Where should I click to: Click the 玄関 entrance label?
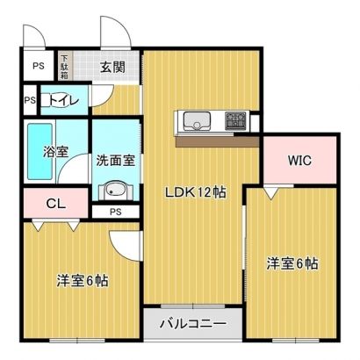[x=112, y=68]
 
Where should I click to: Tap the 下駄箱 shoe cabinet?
[x=64, y=66]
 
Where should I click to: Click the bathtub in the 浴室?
[x=40, y=152]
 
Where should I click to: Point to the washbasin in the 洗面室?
[x=116, y=190]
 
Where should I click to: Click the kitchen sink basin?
[x=197, y=121]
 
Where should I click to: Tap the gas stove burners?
[x=236, y=121]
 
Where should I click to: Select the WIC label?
[x=299, y=161]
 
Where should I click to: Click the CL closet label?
[x=56, y=204]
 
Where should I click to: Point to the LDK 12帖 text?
[x=196, y=192]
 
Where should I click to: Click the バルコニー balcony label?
[x=193, y=324]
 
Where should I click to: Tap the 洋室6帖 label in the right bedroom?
[x=292, y=263]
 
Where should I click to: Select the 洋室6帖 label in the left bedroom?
[x=83, y=281]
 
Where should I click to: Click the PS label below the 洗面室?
[x=116, y=212]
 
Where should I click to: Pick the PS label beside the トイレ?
[x=30, y=100]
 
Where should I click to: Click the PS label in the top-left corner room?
[x=39, y=66]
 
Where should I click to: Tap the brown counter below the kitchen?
[x=218, y=141]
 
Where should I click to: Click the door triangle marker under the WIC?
[x=271, y=193]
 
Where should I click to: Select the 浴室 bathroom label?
[x=55, y=151]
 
